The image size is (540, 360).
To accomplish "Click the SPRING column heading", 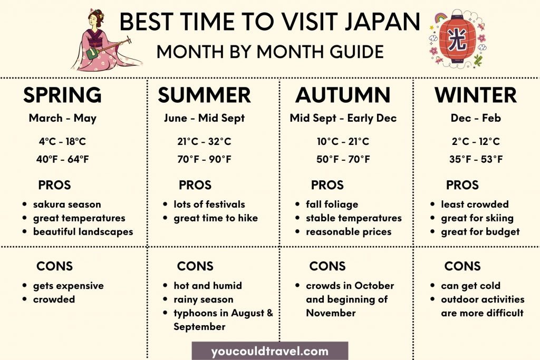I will coord(62,95).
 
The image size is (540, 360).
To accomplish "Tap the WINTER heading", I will coord(476,95).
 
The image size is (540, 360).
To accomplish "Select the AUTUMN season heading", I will coord(343,95).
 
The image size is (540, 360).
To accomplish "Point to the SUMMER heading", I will coord(204,95).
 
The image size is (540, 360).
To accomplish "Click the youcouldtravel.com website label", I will coord(269,351).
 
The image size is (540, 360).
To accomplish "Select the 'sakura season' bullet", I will coord(67,205).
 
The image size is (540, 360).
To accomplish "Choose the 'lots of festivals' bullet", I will coord(209,205).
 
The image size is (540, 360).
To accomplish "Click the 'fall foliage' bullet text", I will coord(332,205).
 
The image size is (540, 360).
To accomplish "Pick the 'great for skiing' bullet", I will coord(477,218).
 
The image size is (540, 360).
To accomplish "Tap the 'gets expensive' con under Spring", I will coord(68,286).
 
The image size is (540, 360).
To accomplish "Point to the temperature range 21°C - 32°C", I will coord(204,142).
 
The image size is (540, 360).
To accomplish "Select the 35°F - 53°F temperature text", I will coord(476,159).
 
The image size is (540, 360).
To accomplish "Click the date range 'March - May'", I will coord(62,118).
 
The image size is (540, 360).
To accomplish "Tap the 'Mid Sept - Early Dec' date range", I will coord(343,118).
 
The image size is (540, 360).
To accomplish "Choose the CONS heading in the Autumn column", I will coord(327,266).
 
